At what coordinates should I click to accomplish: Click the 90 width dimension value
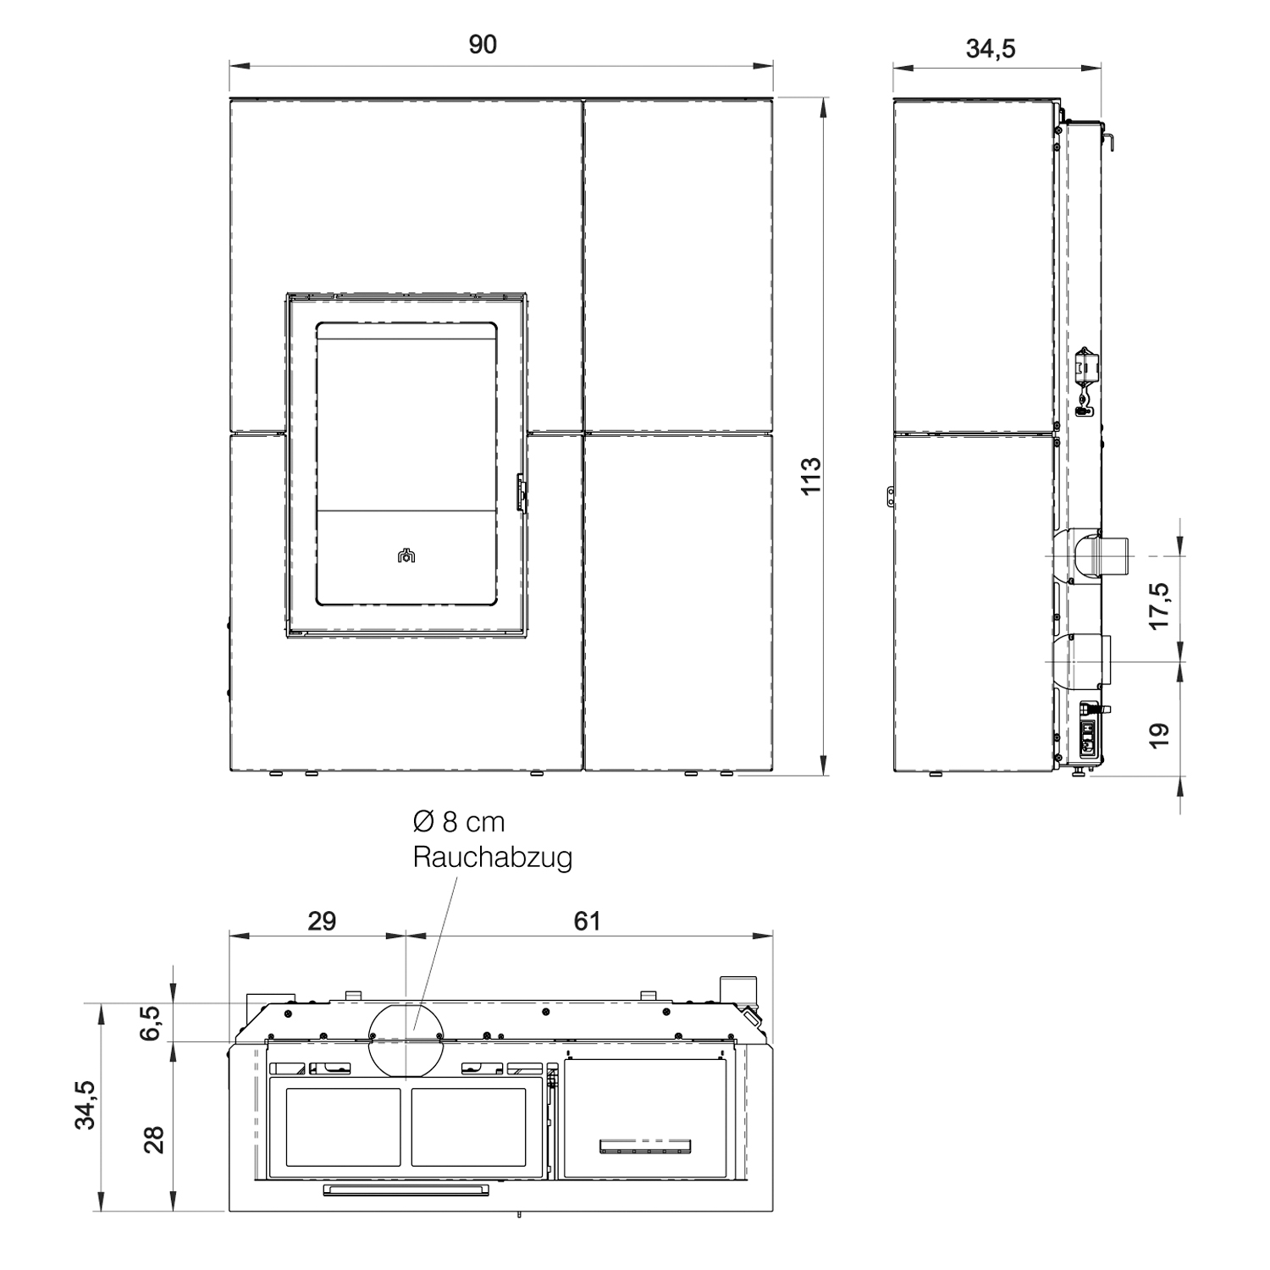pos(483,45)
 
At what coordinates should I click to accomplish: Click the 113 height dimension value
pos(810,476)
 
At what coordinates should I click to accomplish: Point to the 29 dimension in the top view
pos(322,920)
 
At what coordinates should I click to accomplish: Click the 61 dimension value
pos(587,920)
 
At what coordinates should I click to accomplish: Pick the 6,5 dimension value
pos(152,1023)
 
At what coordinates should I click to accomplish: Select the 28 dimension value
pos(153,1139)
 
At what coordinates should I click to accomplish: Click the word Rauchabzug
pos(493,858)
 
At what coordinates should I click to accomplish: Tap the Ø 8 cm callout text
pos(458,821)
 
